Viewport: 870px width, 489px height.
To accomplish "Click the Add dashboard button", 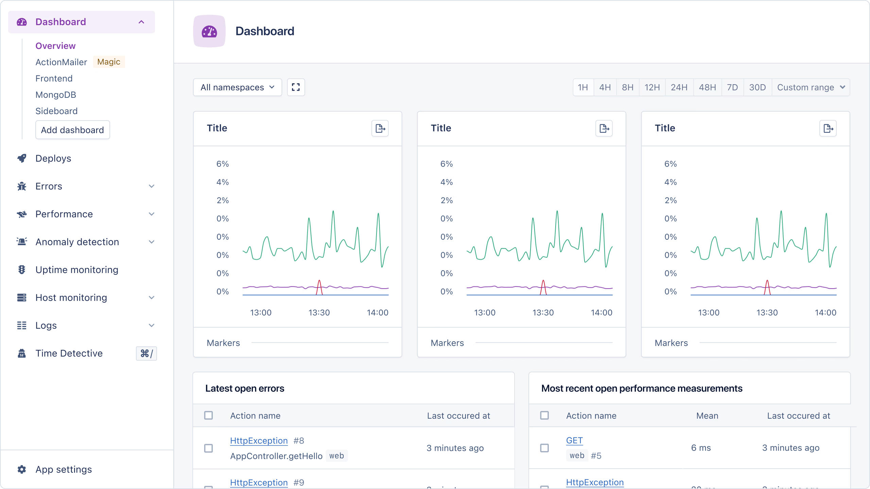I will [72, 130].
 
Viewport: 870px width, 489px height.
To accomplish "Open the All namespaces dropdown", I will [237, 87].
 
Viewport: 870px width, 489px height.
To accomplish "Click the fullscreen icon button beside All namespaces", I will [296, 87].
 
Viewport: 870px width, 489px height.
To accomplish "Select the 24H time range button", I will [679, 87].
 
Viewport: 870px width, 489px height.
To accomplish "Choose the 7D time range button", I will [732, 87].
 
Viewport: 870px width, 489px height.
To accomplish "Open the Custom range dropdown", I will [811, 87].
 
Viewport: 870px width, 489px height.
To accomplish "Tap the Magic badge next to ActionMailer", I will [109, 62].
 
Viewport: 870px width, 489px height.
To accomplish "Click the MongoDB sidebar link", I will [56, 95].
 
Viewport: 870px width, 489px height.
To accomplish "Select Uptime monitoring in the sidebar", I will [77, 270].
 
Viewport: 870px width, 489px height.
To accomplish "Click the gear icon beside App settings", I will [22, 469].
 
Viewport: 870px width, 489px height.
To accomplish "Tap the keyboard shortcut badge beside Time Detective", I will [146, 354].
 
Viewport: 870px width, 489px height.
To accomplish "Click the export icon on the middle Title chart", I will [604, 128].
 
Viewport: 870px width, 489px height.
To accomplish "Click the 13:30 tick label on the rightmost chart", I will [767, 312].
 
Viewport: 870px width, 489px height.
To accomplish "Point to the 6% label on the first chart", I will [223, 164].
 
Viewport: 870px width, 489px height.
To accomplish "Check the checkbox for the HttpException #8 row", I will [208, 448].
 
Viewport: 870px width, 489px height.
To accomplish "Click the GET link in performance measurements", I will [574, 440].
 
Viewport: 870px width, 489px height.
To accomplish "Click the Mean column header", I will [707, 416].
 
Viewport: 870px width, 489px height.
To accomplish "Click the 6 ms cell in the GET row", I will [701, 448].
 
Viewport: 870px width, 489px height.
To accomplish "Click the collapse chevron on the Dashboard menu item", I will [141, 22].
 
